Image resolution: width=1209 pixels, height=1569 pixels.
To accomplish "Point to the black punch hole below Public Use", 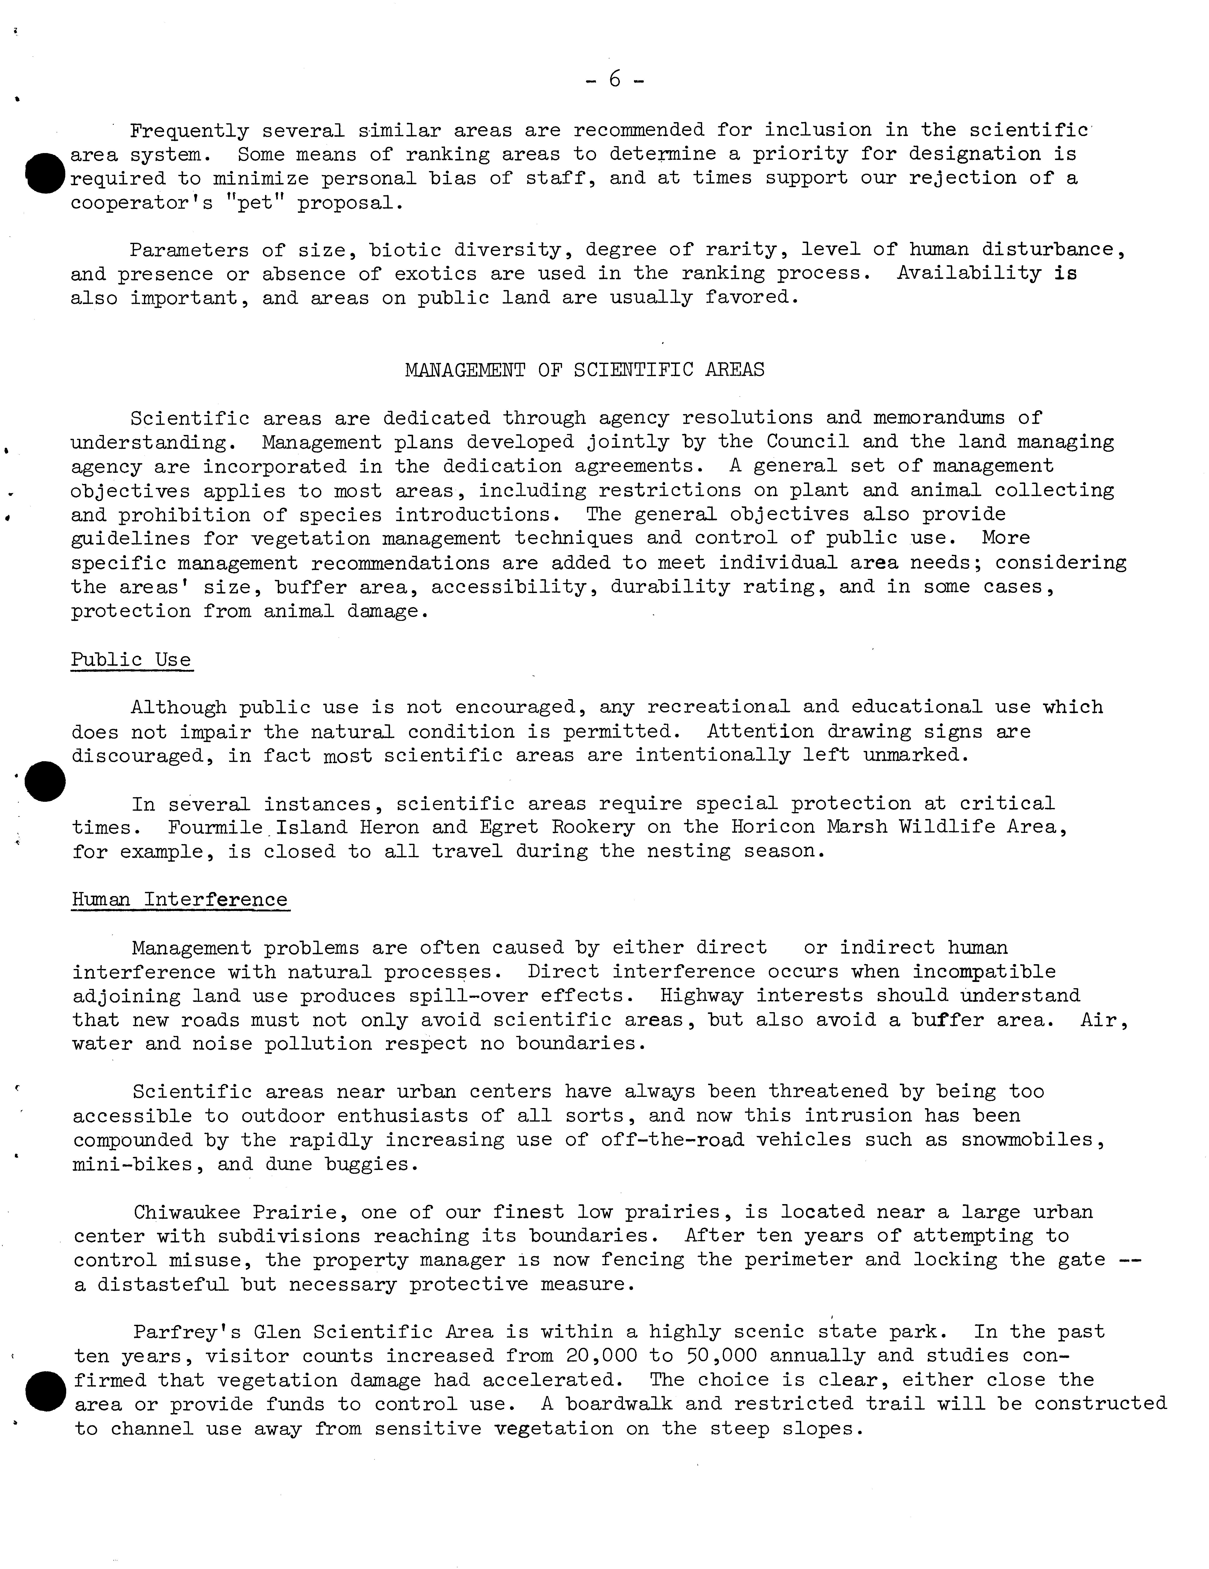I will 45,781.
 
